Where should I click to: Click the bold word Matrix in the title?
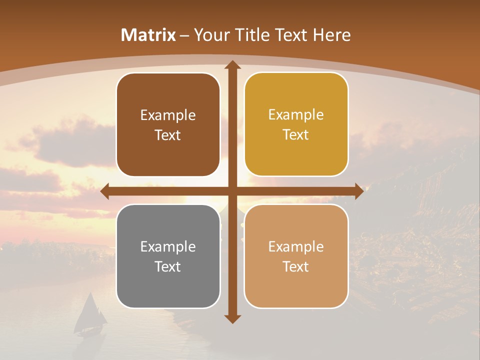tap(148, 35)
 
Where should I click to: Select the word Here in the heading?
tap(332, 35)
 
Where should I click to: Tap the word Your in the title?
tap(210, 35)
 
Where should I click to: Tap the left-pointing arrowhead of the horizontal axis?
tap(105, 191)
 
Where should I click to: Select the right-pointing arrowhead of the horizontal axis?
tap(358, 191)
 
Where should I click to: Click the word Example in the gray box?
tap(168, 246)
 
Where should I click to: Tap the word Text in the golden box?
tap(296, 135)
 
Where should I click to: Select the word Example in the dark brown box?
tap(168, 115)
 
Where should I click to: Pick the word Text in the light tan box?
tap(296, 266)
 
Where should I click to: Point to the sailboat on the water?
tap(90, 315)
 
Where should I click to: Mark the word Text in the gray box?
tap(168, 266)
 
